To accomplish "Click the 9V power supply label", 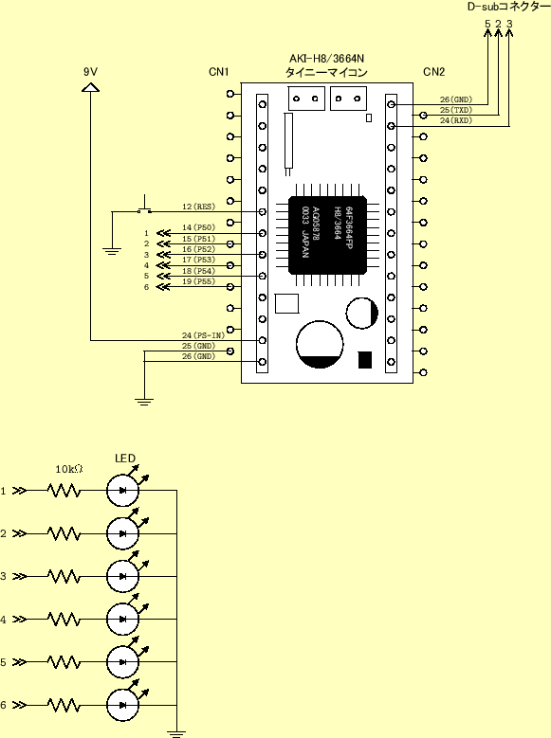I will (90, 72).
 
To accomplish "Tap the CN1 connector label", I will (219, 72).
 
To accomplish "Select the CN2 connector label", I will (433, 72).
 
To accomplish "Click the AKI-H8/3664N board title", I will (326, 59).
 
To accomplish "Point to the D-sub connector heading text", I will (507, 7).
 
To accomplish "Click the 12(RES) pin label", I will (198, 206).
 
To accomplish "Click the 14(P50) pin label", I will (198, 227).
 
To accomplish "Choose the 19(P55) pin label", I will (198, 281).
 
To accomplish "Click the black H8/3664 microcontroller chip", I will (327, 228).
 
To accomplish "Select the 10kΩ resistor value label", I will (68, 469).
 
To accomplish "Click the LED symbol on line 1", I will (123, 491).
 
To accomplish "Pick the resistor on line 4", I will (64, 620).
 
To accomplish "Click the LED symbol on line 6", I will (123, 705).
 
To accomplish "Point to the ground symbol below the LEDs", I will (175, 730).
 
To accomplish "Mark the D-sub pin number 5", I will (487, 23).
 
